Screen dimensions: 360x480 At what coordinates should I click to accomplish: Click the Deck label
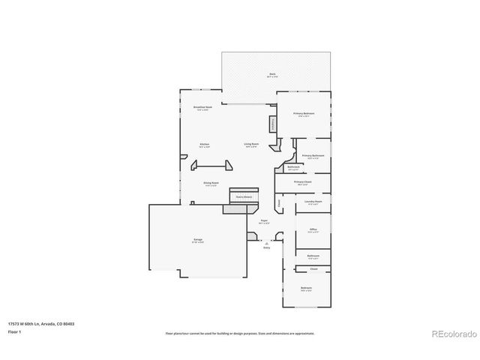pos(272,73)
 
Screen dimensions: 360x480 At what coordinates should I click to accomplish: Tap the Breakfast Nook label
pos(201,108)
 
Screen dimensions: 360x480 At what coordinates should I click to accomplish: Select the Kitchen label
pos(203,145)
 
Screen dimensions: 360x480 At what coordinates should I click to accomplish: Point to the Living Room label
pos(250,145)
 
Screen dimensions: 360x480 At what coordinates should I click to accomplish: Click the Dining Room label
pos(210,183)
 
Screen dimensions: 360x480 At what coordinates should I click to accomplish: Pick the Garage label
pos(198,240)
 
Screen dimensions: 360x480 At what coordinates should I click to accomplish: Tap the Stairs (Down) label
pos(244,197)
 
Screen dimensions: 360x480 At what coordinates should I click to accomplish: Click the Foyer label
pos(264,221)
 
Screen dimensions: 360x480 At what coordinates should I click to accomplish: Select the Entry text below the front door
pos(266,247)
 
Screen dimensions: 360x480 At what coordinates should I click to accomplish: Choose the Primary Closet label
pos(302,182)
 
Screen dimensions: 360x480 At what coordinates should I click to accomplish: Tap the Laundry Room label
pos(313,202)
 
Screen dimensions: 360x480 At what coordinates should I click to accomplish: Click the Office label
pos(313,230)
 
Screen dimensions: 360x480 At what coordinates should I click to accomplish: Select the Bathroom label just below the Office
pos(313,256)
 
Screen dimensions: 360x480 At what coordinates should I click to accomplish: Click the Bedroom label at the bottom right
pos(306,289)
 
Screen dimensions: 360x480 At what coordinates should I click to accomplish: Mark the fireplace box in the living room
pos(272,122)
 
